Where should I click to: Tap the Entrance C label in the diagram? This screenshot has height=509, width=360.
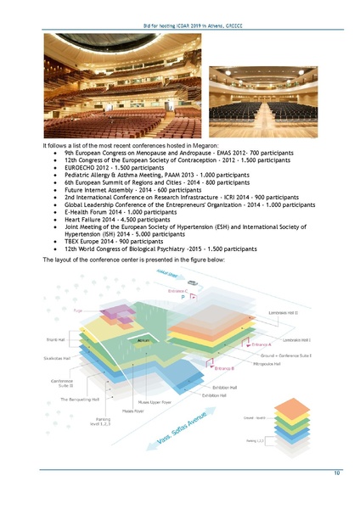click(x=183, y=291)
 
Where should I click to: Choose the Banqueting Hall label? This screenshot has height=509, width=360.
click(x=81, y=398)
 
